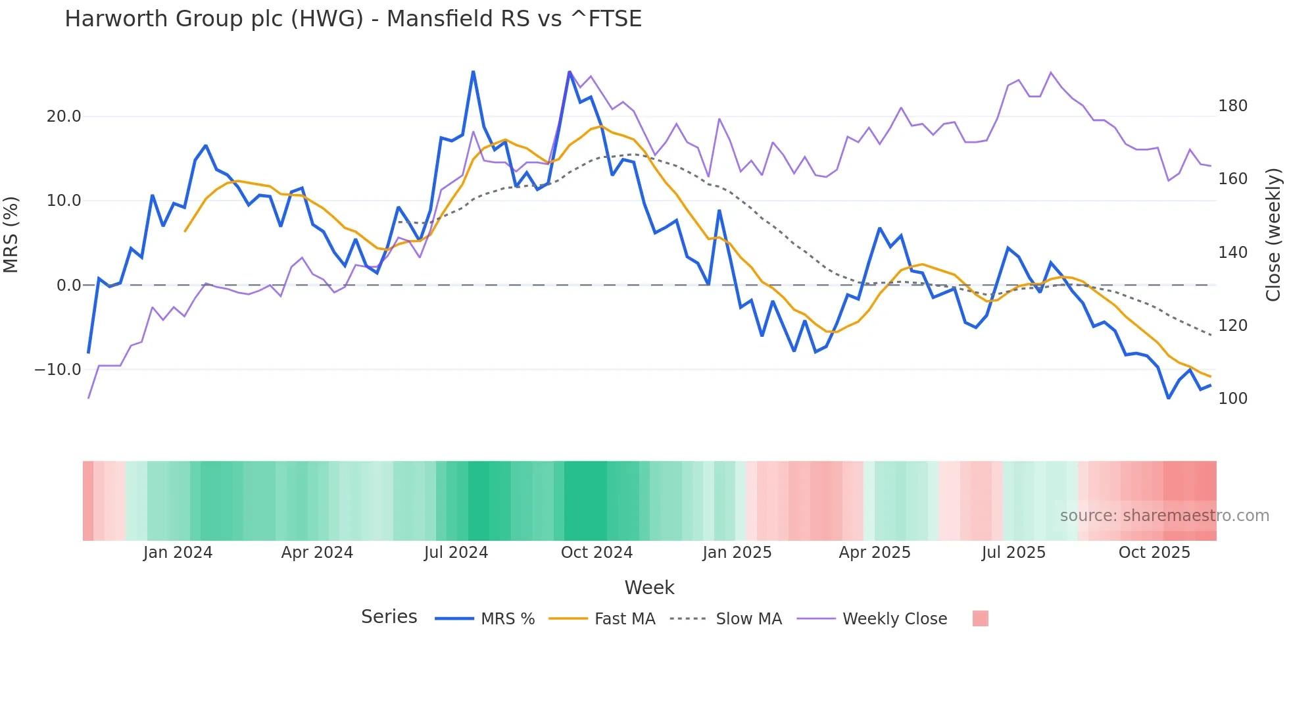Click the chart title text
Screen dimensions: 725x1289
tap(353, 19)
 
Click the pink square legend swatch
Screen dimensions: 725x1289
tap(980, 618)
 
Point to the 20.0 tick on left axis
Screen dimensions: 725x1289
tap(64, 116)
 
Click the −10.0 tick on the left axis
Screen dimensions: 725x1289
tap(58, 370)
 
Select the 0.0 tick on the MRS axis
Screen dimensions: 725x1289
tap(68, 286)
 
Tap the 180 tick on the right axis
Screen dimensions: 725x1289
tap(1232, 106)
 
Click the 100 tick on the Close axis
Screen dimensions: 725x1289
tap(1232, 399)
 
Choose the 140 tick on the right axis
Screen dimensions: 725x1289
tap(1232, 253)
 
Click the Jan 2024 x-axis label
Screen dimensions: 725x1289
tap(178, 553)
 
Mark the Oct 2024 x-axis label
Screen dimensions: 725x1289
tap(596, 553)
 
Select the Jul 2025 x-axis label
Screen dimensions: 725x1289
tap(1013, 553)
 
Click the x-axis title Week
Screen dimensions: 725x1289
tap(649, 587)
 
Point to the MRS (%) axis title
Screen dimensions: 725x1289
tap(11, 235)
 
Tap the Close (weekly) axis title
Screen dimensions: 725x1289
tap(1274, 235)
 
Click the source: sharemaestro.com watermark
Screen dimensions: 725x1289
tap(1164, 516)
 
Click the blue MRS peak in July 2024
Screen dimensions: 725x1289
tap(474, 72)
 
